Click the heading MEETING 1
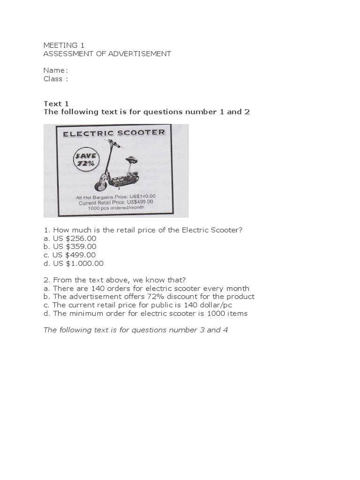tap(60, 45)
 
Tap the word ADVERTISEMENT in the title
tap(139, 54)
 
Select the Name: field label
tap(55, 70)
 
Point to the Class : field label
tap(55, 79)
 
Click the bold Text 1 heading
tap(56, 104)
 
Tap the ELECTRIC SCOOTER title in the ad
tap(114, 133)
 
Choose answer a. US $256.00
tap(70, 238)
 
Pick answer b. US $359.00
tap(70, 247)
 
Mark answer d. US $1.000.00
tap(74, 263)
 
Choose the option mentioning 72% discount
tap(149, 297)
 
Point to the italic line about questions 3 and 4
tap(135, 330)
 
